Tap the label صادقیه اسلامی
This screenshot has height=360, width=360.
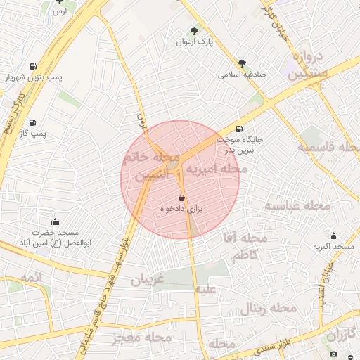[x=242, y=74]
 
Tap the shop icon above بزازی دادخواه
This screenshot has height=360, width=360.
[x=182, y=198]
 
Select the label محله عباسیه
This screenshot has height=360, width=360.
[x=297, y=205]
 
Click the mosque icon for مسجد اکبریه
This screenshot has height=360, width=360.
[x=333, y=236]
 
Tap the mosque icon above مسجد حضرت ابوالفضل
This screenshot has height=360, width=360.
[x=56, y=222]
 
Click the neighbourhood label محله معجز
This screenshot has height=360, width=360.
[x=142, y=337]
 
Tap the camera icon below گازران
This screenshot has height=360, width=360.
[x=333, y=353]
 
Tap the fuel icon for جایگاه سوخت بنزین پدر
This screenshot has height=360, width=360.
[x=240, y=129]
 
